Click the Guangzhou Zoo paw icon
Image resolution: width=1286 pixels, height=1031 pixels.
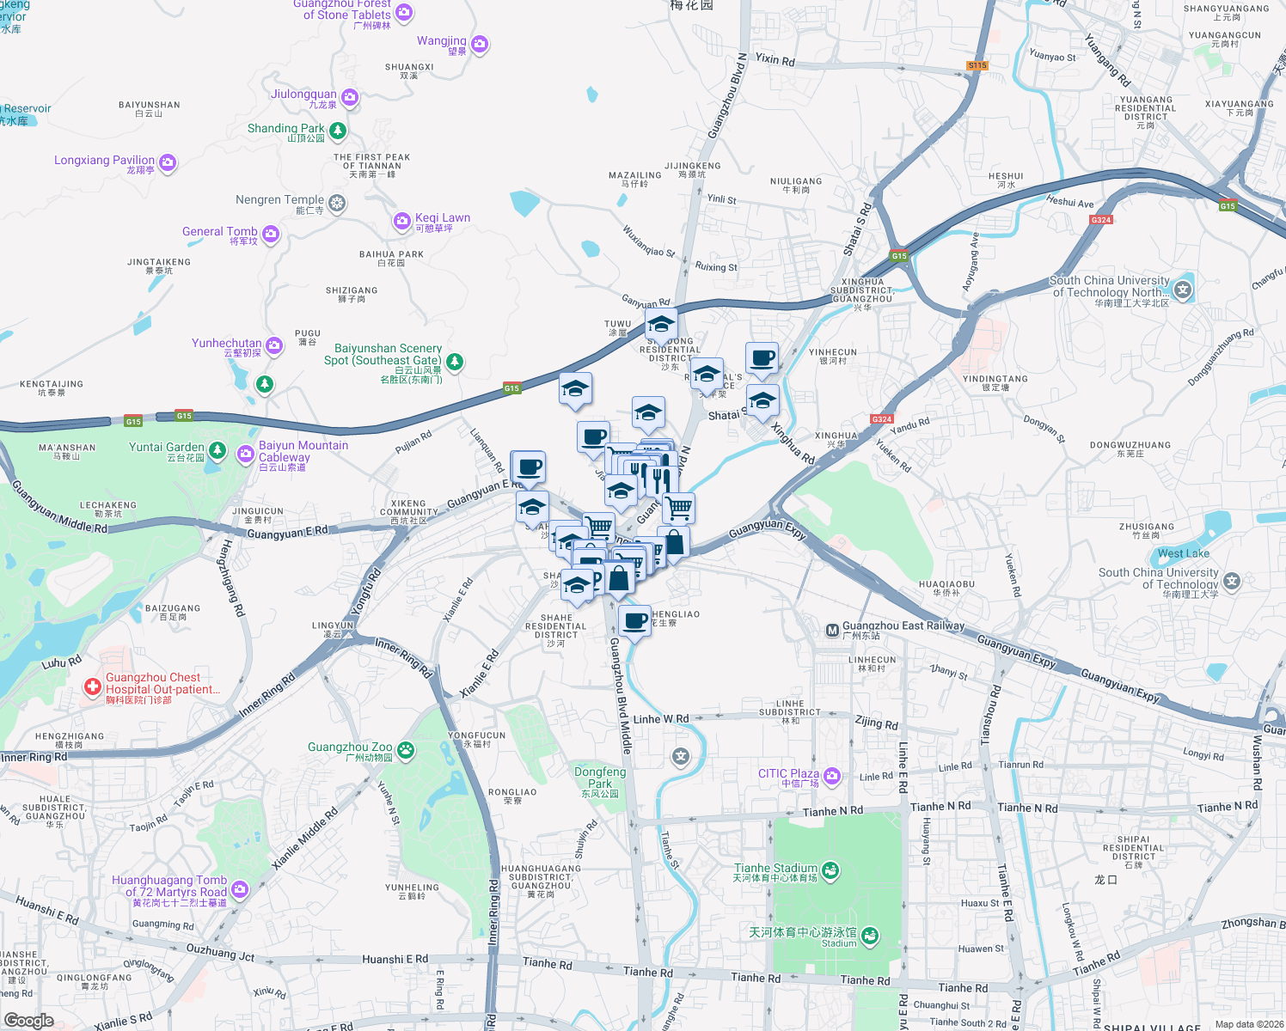point(405,751)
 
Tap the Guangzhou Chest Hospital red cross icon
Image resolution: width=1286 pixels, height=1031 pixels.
point(92,687)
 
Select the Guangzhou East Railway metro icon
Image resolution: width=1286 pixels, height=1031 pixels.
point(832,630)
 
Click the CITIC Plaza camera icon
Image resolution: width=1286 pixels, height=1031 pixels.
point(831,777)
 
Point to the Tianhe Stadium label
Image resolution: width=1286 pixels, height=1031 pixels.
point(775,869)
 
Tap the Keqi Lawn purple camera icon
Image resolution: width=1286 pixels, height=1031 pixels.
point(401,222)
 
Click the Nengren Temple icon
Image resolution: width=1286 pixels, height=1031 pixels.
point(337,203)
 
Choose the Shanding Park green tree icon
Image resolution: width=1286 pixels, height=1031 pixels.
point(338,131)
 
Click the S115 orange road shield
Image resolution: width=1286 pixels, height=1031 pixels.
point(977,65)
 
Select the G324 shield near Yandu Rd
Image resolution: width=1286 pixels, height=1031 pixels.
point(881,419)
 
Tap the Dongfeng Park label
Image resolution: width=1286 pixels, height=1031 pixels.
point(600,778)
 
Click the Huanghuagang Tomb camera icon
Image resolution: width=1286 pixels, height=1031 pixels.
point(239,889)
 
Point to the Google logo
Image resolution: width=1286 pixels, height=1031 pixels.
point(28,1020)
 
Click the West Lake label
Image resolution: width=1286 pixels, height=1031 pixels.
point(1183,553)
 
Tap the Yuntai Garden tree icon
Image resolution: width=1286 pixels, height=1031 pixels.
point(217,450)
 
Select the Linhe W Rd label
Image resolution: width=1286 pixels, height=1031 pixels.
point(660,719)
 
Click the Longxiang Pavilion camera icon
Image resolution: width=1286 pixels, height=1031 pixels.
point(168,162)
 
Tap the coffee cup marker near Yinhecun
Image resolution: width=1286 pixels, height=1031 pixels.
point(762,358)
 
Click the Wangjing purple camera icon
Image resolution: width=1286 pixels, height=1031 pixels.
point(480,44)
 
